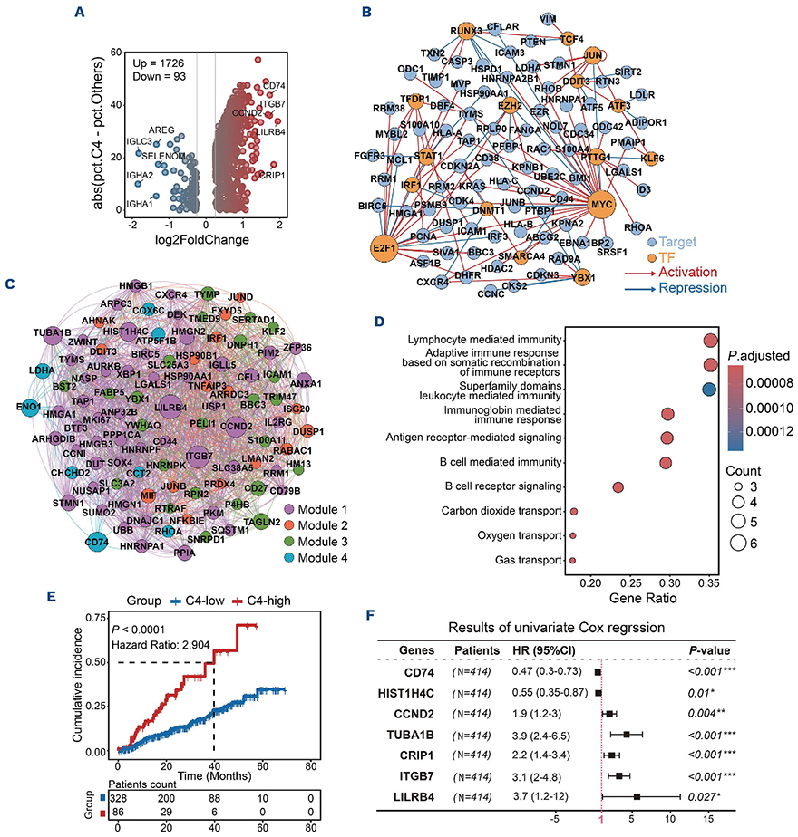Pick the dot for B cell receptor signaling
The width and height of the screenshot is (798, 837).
(618, 487)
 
